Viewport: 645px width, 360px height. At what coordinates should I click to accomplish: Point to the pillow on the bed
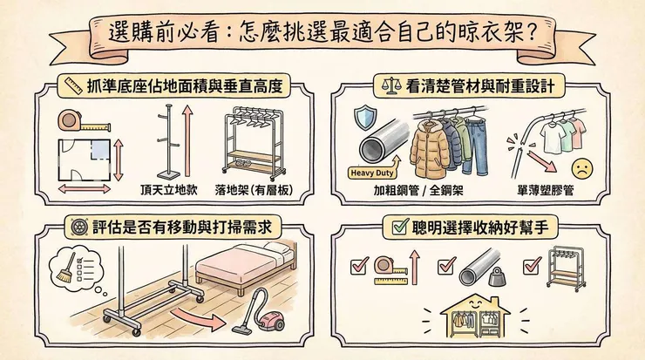[x=275, y=249]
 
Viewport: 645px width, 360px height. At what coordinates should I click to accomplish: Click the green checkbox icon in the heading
[x=400, y=228]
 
